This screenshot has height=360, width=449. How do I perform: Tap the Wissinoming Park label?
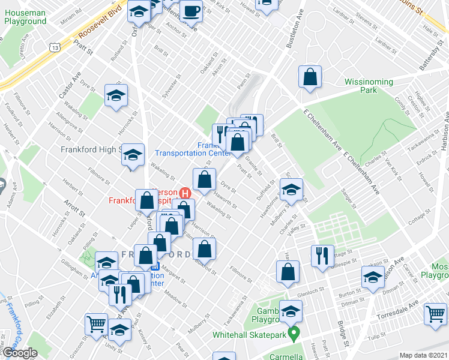[369, 86]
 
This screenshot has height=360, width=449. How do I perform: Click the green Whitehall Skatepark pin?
[294, 333]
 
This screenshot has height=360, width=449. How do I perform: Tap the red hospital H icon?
[185, 194]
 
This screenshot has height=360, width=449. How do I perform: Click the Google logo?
[20, 353]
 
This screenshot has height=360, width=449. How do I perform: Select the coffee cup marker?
[191, 11]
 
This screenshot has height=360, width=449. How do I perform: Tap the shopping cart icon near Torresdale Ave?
[436, 314]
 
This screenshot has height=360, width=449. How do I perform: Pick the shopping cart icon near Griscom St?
[96, 324]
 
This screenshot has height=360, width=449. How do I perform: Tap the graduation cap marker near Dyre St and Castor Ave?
[116, 95]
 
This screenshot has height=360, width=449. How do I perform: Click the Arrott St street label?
[73, 209]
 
